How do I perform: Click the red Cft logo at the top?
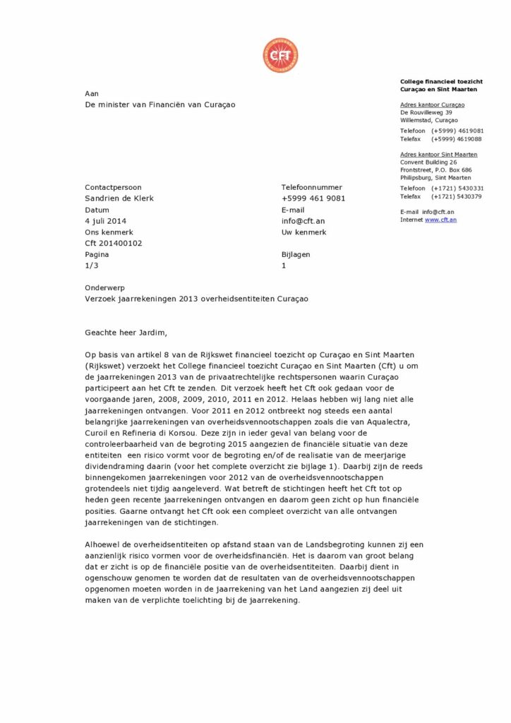tap(280, 55)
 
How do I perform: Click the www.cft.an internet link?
tap(440, 220)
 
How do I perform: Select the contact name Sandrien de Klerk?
tap(119, 198)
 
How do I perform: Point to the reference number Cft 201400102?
tap(113, 244)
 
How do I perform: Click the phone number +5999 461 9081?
tap(313, 198)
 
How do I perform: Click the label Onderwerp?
tap(105, 287)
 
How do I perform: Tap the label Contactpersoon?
tap(113, 187)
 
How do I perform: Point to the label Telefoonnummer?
tap(311, 187)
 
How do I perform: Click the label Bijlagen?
tap(295, 255)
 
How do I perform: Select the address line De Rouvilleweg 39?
tap(426, 112)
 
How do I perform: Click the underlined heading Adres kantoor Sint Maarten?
tap(438, 154)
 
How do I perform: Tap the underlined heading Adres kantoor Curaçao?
tap(432, 104)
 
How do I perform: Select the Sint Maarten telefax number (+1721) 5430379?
tap(457, 196)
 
